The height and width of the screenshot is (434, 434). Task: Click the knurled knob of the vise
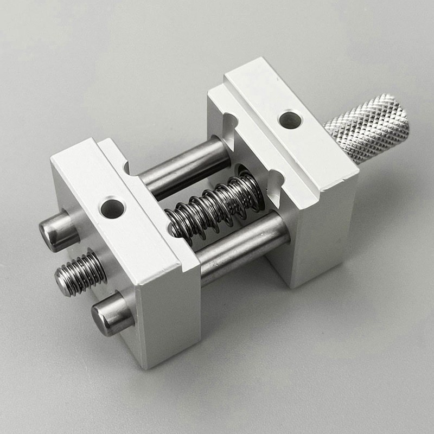[x=369, y=128]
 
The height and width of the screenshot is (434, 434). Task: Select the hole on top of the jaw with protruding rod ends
[x=113, y=208]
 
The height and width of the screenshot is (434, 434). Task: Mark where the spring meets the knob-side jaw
[x=255, y=187]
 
